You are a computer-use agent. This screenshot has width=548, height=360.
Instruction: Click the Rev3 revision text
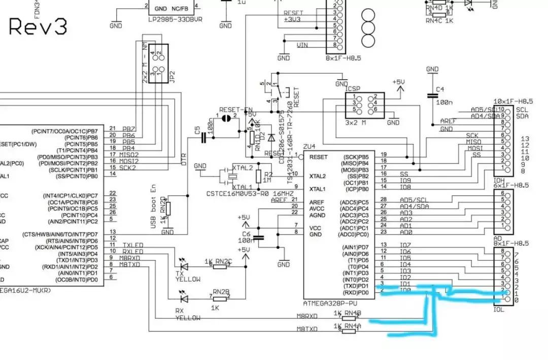[x=38, y=26]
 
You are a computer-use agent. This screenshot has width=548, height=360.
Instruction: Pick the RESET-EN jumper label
[x=236, y=110]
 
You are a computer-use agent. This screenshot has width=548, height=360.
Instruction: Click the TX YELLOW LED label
[x=187, y=276]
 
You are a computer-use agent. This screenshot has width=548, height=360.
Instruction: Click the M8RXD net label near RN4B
[x=307, y=316]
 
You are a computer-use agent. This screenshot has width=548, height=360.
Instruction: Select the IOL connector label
[x=499, y=309]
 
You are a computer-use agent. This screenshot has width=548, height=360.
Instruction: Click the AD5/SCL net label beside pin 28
[x=413, y=200]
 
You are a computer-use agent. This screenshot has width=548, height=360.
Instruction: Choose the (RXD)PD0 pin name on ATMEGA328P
[x=355, y=292]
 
